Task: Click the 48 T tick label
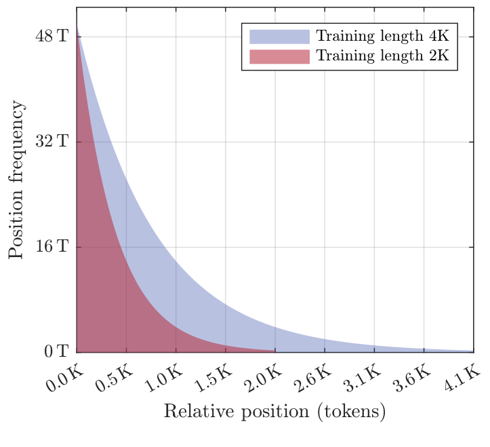point(52,36)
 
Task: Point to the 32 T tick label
point(52,142)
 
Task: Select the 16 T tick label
point(52,247)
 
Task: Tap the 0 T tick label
point(56,352)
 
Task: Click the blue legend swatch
point(279,36)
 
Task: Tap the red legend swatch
point(279,56)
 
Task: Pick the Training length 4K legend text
point(383,36)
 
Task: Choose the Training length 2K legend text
point(383,56)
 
